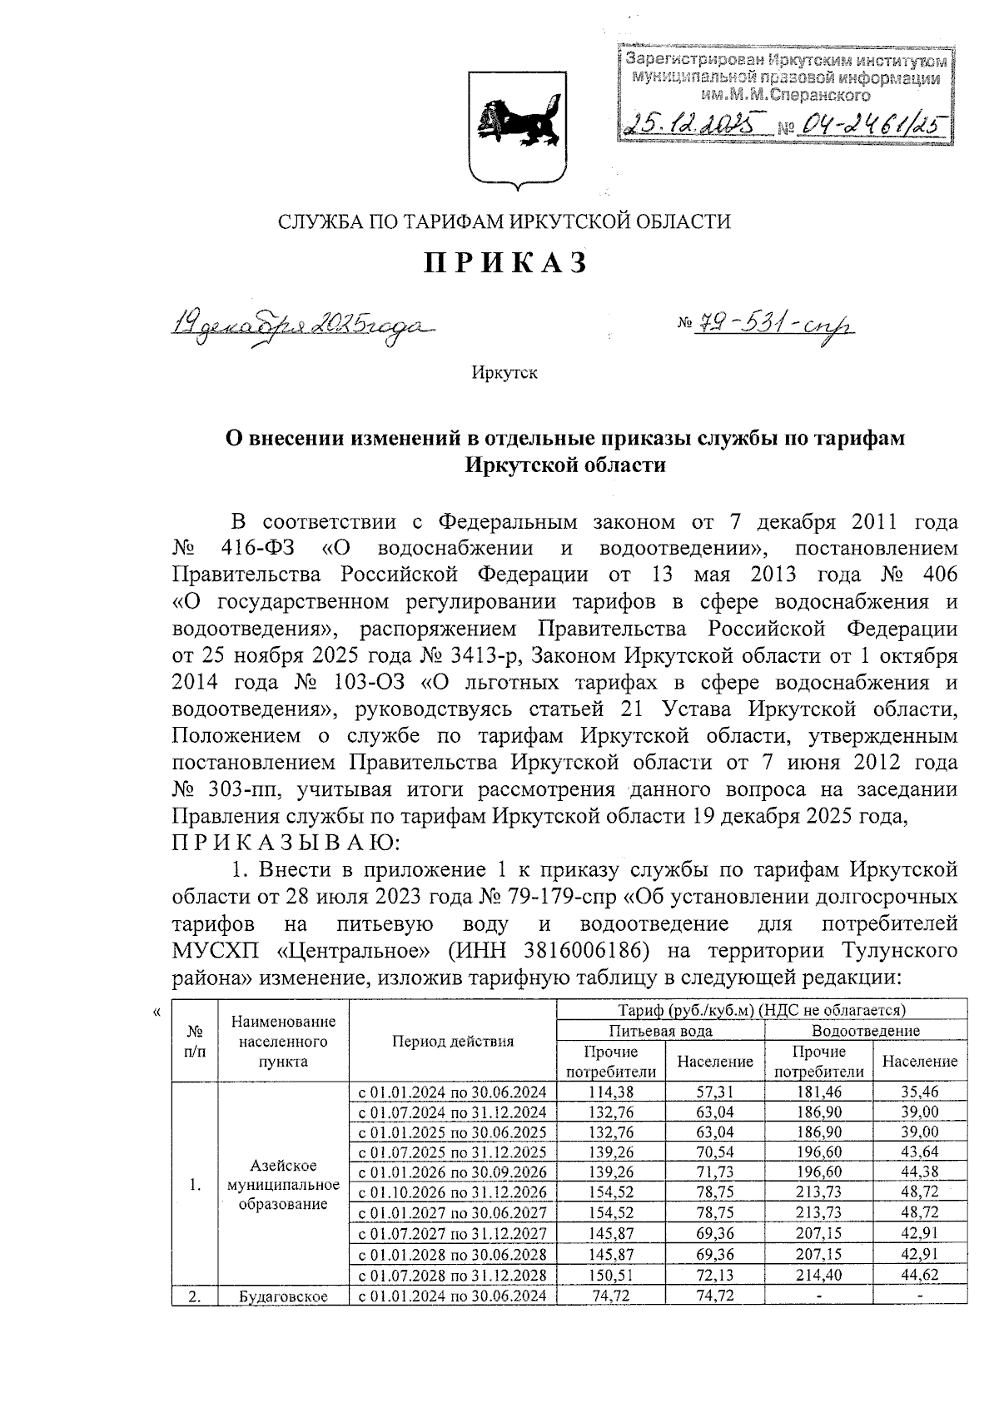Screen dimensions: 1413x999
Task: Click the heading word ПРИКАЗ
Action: coord(505,263)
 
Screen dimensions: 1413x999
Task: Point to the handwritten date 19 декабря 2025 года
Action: coord(304,326)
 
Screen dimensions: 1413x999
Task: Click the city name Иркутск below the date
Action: coord(504,372)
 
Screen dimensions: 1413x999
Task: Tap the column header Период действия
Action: coord(453,1041)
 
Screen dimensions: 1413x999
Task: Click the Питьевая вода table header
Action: coord(660,1031)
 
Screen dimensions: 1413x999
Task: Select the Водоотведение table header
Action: coord(866,1031)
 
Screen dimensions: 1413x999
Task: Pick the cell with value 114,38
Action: coord(611,1092)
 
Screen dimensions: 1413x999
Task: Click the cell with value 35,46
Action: coord(919,1092)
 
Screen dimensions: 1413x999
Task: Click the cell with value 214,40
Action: coord(815,1276)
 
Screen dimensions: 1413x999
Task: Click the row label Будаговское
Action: coord(283,1296)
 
